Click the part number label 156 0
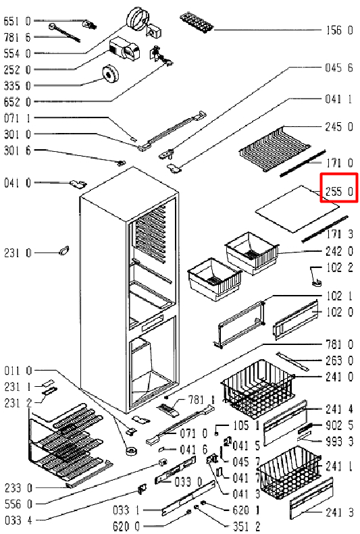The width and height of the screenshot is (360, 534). (x=339, y=30)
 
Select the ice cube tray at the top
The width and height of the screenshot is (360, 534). (x=197, y=22)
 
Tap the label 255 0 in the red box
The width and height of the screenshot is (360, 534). (x=339, y=192)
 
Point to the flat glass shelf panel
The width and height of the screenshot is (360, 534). (x=297, y=209)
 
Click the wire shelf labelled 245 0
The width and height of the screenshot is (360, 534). (x=274, y=148)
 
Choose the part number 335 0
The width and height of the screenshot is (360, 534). (x=17, y=85)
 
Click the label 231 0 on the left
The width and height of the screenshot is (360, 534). (x=18, y=252)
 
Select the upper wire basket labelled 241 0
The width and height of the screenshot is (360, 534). (x=258, y=388)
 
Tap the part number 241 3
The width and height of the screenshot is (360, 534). (x=340, y=512)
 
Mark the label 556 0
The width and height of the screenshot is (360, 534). (x=18, y=504)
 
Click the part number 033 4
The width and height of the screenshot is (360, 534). (x=18, y=520)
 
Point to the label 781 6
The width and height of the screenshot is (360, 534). (x=17, y=36)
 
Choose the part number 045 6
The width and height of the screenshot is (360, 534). (x=339, y=68)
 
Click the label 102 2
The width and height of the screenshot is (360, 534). (x=340, y=267)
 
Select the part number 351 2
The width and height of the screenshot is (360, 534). (x=247, y=526)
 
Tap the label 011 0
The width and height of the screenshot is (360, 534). (x=18, y=370)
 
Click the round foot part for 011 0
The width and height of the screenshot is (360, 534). (x=132, y=451)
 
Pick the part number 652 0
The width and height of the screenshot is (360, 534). (x=17, y=101)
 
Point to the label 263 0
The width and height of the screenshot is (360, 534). (x=340, y=361)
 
